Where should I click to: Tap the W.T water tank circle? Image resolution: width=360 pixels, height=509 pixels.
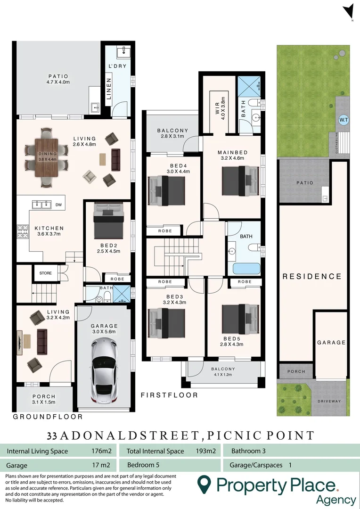[x=344, y=120]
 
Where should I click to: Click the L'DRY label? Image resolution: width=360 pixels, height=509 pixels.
[x=117, y=66]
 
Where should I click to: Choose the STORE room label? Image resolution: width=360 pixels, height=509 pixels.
[x=46, y=273]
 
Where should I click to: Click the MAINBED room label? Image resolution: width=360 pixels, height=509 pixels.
[x=232, y=156]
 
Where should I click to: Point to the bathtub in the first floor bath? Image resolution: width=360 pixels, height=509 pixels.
[x=243, y=269]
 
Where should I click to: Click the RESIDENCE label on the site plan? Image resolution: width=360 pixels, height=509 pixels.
[x=311, y=277]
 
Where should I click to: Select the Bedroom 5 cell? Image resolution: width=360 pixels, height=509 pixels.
[x=143, y=465]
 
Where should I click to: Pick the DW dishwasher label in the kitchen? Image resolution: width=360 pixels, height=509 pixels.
[x=58, y=205]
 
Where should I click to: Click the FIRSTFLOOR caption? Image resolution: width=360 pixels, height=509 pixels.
[x=169, y=395]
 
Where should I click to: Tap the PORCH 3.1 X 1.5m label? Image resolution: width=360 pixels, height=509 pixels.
[x=44, y=399]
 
